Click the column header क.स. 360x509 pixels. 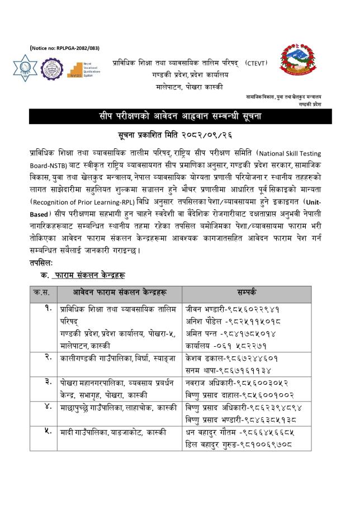pos(41,292)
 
